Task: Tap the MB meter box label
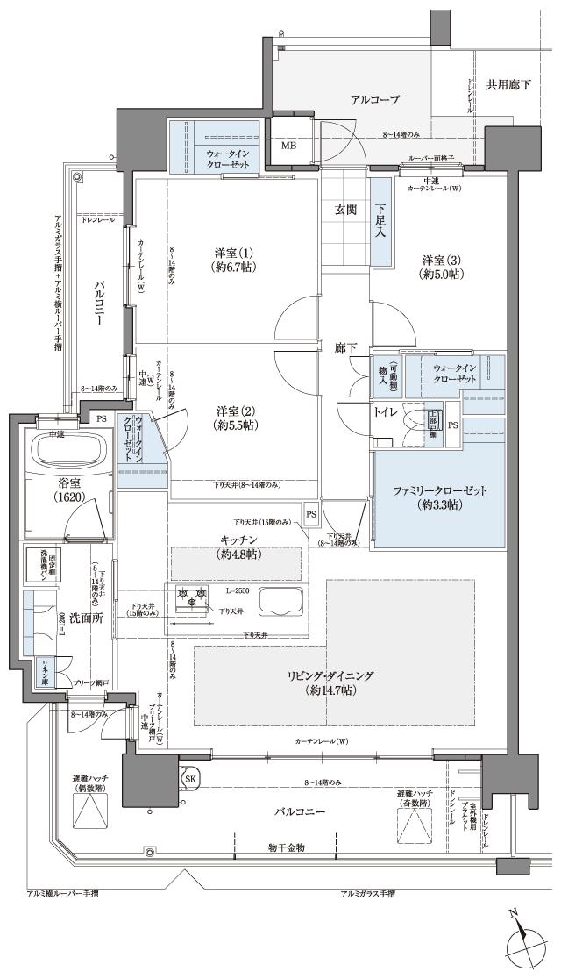pyautogui.click(x=288, y=146)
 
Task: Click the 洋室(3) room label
pyautogui.click(x=442, y=267)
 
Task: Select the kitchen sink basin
pyautogui.click(x=281, y=604)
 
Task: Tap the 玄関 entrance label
pyautogui.click(x=344, y=210)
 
